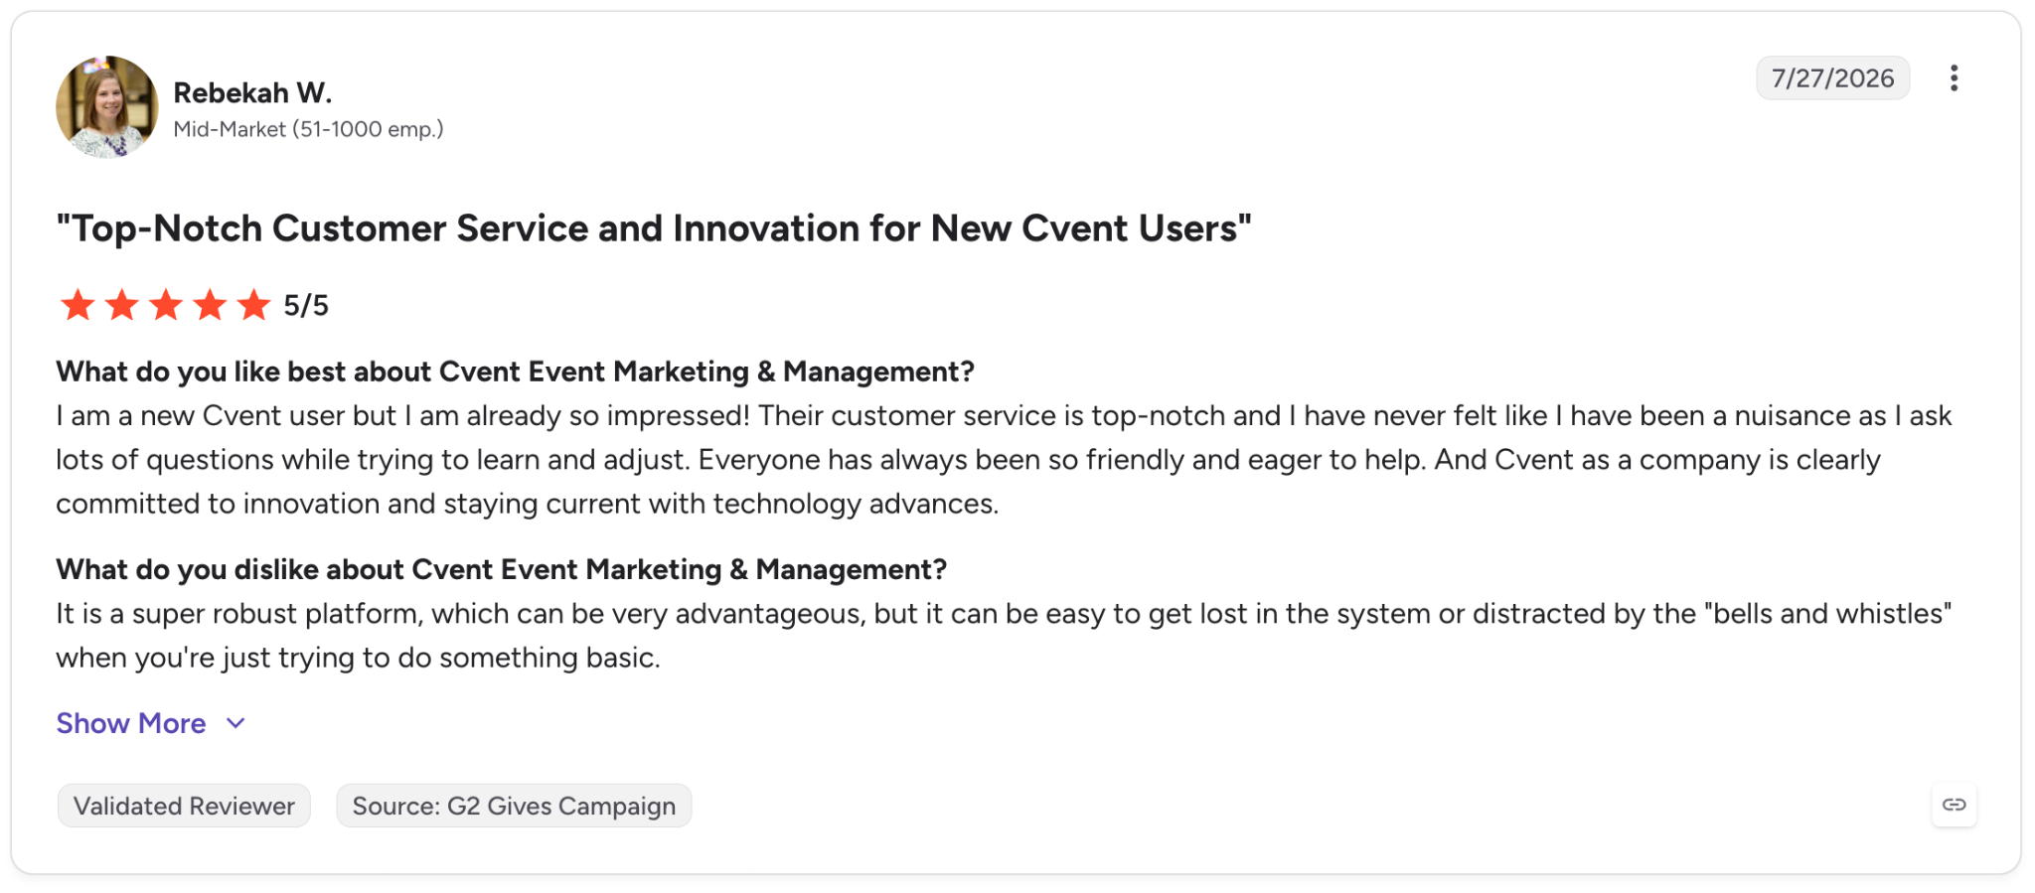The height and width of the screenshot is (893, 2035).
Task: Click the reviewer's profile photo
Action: [x=107, y=107]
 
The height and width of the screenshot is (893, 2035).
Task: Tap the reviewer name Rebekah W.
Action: [x=252, y=92]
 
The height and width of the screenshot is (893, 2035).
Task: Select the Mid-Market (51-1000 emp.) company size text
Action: [x=308, y=129]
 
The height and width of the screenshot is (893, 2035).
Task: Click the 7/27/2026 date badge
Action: [x=1832, y=78]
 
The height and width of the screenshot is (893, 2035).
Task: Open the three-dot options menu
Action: [x=1954, y=78]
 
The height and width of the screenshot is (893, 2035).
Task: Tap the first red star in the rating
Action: [x=78, y=305]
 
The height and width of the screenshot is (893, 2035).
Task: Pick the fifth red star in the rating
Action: [x=254, y=305]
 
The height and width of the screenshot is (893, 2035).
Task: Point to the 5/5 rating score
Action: [x=306, y=306]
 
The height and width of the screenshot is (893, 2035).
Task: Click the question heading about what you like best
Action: [x=515, y=372]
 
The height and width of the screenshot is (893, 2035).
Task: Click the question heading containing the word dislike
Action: [x=501, y=569]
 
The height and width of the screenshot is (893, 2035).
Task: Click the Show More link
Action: [x=130, y=723]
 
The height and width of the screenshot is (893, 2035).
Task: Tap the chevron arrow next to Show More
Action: [x=235, y=723]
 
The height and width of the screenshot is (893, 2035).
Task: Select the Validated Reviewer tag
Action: [x=184, y=806]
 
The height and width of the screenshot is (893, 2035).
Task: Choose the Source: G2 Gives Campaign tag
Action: [x=514, y=806]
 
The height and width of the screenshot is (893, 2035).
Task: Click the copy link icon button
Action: [x=1954, y=805]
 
